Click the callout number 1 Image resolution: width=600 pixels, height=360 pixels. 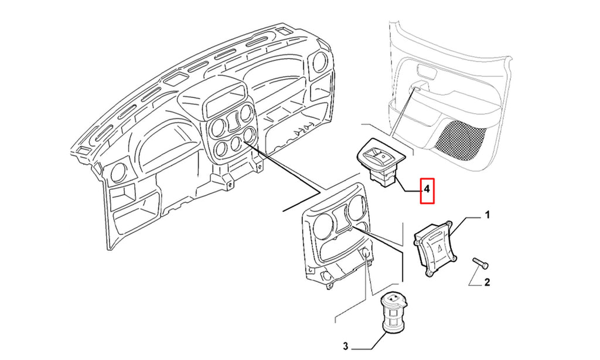[487, 216]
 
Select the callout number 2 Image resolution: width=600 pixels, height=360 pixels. [487, 283]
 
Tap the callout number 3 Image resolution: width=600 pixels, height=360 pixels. [346, 347]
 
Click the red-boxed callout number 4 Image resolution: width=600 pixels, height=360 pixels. [427, 189]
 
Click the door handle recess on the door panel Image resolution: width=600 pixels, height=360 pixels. [425, 72]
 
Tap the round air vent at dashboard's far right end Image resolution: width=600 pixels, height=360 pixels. [318, 62]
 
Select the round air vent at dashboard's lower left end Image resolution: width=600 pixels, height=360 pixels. [118, 174]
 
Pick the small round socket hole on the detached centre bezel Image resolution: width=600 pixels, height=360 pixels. [366, 253]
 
